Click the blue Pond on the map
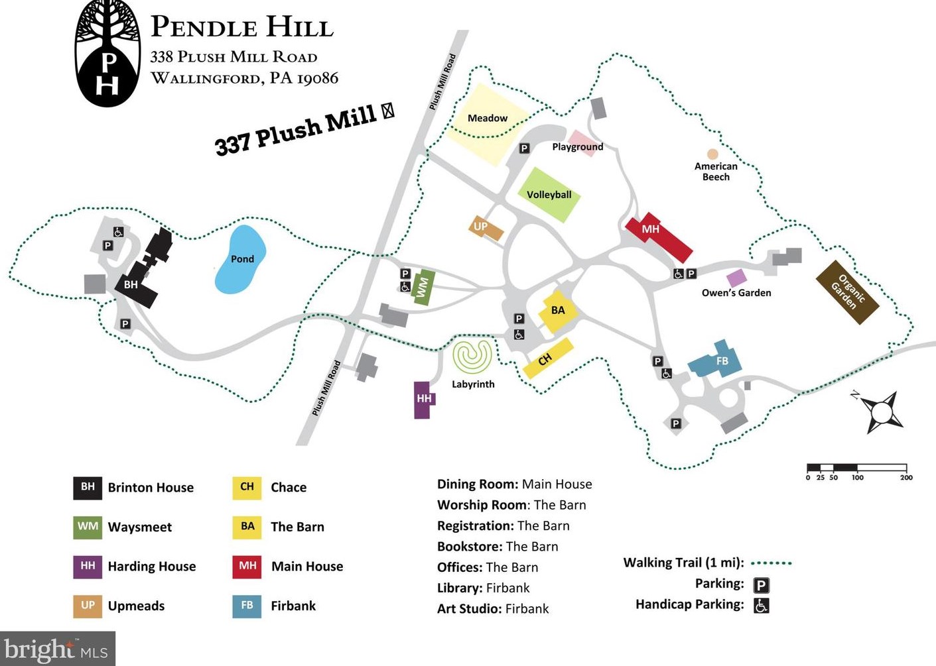coord(240,259)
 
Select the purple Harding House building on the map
coord(423,400)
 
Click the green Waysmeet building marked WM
coord(423,287)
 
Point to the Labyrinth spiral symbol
coord(472,357)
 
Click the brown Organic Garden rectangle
coord(847,292)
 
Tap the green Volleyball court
coord(549,194)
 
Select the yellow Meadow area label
coord(487,118)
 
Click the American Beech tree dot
coord(712,154)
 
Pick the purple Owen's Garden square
coord(736,278)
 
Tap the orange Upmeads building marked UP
coord(486,227)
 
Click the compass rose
coord(882,412)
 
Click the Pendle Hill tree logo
coord(107,53)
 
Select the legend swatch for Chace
coord(247,487)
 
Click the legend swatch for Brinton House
coord(88,487)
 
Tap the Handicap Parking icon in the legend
coord(762,605)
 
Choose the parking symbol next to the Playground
coord(524,148)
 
